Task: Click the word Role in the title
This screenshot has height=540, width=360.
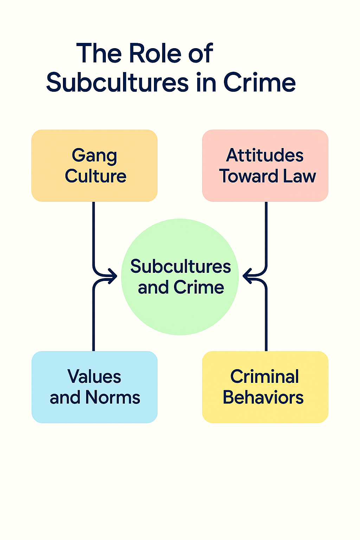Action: tap(155, 53)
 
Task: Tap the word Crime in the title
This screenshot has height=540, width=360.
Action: tap(259, 83)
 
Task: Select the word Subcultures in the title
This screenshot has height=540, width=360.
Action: tap(118, 83)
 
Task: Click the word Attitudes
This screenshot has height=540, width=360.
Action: tap(265, 155)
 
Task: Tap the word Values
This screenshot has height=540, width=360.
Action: tap(94, 377)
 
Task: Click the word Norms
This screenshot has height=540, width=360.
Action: tap(113, 398)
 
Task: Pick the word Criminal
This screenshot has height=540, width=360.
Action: tap(265, 377)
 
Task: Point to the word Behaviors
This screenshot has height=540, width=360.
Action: tap(263, 398)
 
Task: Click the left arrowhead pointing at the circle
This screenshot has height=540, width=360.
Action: tap(113, 276)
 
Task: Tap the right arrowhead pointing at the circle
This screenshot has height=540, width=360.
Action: tap(247, 276)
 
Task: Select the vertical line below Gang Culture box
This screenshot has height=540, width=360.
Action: tap(94, 232)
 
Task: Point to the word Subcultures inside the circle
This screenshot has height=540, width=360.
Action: tap(180, 266)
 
